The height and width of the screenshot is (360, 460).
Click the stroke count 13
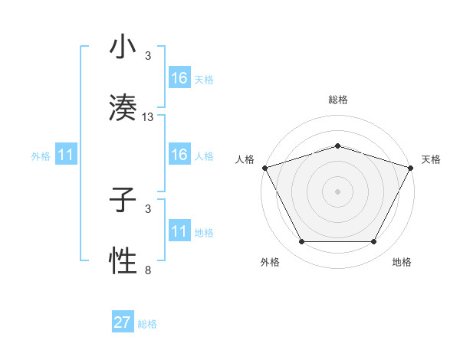pyautogui.click(x=148, y=117)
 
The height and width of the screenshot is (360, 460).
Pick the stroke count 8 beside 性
pyautogui.click(x=148, y=270)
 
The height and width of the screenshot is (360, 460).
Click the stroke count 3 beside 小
pyautogui.click(x=148, y=56)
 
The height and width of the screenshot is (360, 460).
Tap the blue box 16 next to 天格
pyautogui.click(x=179, y=78)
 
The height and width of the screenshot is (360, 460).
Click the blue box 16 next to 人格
pyautogui.click(x=179, y=155)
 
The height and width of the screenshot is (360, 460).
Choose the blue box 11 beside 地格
pyautogui.click(x=179, y=231)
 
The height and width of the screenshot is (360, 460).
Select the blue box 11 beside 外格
pyautogui.click(x=66, y=155)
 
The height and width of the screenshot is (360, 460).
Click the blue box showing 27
pyautogui.click(x=123, y=322)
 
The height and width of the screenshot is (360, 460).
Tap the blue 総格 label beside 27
pyautogui.click(x=147, y=324)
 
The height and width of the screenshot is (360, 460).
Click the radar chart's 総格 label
pyautogui.click(x=337, y=100)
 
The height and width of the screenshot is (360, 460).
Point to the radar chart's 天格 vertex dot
pyautogui.click(x=411, y=167)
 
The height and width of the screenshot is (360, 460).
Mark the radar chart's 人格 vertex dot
pyautogui.click(x=264, y=167)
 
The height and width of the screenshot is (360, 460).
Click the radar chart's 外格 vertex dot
pyautogui.click(x=301, y=242)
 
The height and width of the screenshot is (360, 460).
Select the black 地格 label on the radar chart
pyautogui.click(x=402, y=262)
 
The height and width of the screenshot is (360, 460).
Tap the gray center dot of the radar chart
pyautogui.click(x=337, y=191)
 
